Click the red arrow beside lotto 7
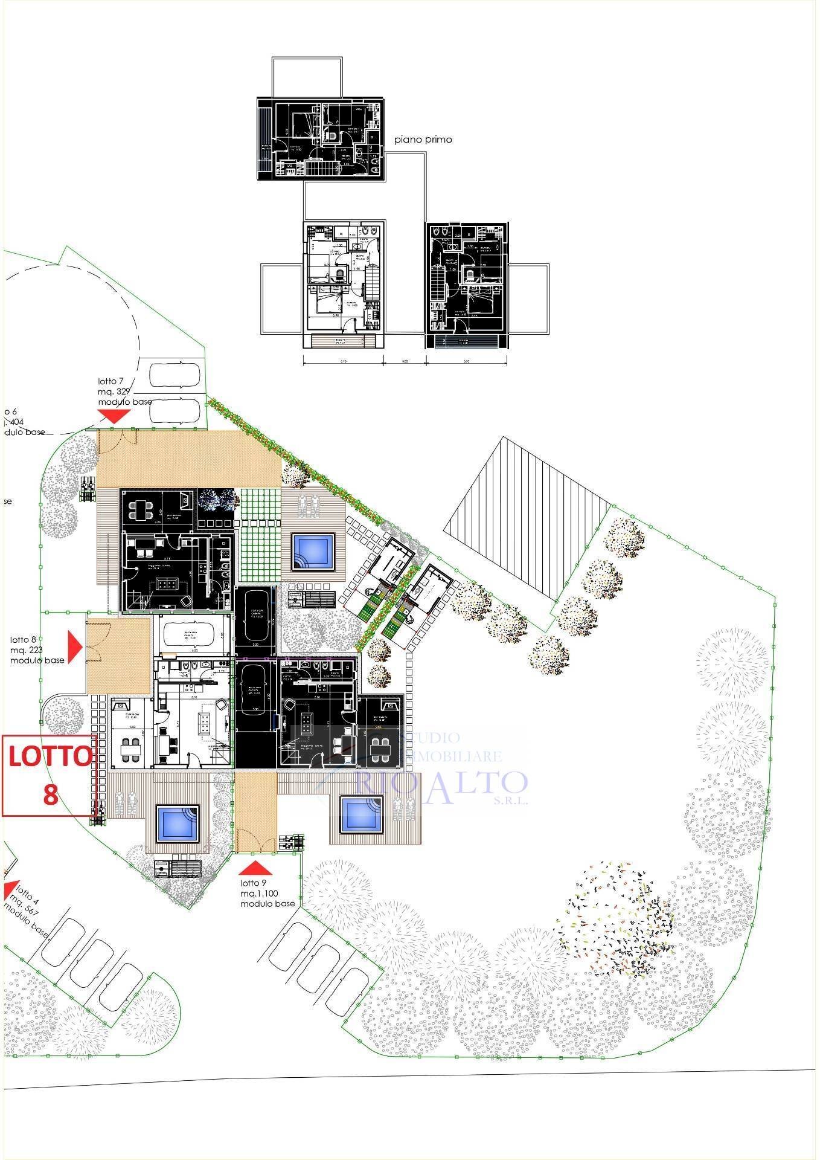pyautogui.click(x=114, y=415)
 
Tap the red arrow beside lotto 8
pyautogui.click(x=75, y=645)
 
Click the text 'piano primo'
pyautogui.click(x=423, y=140)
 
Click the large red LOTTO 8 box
pyautogui.click(x=50, y=775)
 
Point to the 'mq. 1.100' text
pyautogui.click(x=260, y=893)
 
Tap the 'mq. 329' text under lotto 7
pyautogui.click(x=115, y=391)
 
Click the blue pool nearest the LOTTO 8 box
pyautogui.click(x=178, y=824)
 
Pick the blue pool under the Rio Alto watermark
pyautogui.click(x=362, y=815)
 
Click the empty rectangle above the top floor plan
pyautogui.click(x=307, y=77)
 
